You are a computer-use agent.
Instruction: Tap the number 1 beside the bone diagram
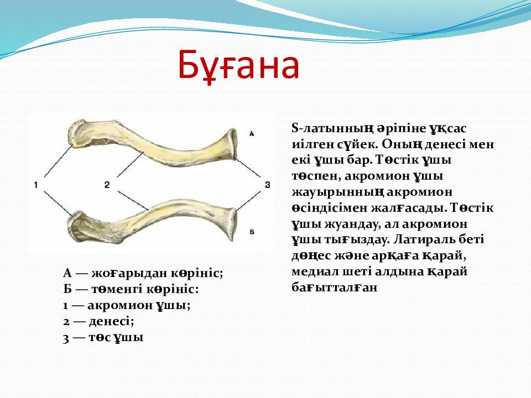point(35,185)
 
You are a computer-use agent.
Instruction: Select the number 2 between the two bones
point(107,185)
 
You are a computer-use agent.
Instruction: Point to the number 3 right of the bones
point(268,185)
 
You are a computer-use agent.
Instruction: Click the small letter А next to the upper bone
point(252,134)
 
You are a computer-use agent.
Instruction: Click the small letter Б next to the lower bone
point(252,232)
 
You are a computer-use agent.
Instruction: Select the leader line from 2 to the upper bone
point(130,165)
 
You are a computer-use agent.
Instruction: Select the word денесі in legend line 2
point(111,321)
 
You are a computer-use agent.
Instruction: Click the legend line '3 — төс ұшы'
point(103,337)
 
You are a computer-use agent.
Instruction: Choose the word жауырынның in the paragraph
point(337,192)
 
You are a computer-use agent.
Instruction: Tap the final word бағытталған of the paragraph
point(334,287)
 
